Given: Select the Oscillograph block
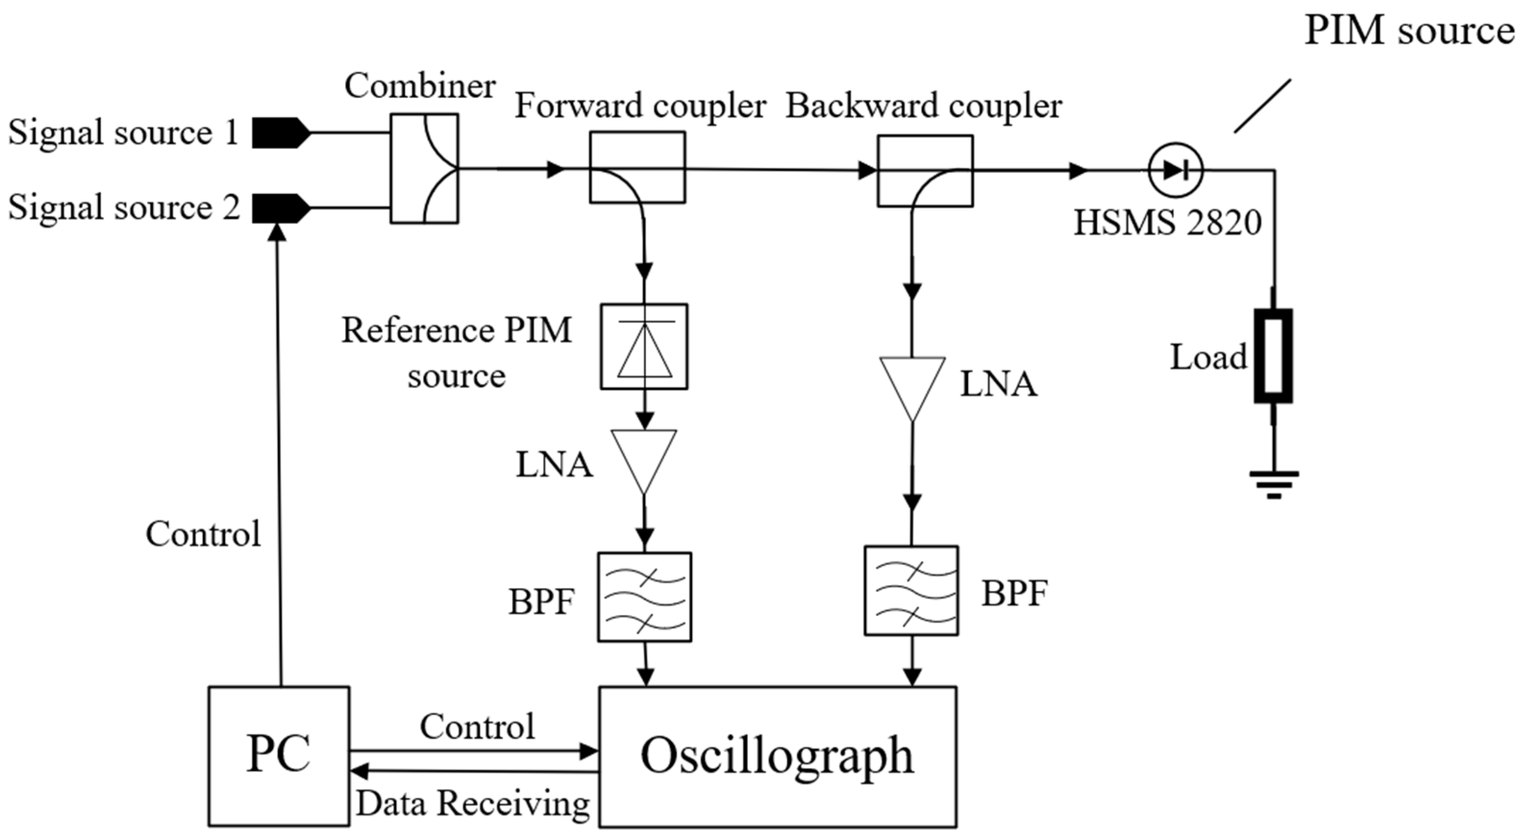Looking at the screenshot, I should (778, 756).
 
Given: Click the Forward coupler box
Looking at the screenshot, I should (637, 167).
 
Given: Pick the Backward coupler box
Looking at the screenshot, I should (925, 171).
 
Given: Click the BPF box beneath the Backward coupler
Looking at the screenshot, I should (911, 591).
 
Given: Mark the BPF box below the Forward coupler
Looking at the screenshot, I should (644, 597).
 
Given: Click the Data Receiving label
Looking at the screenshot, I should (473, 803).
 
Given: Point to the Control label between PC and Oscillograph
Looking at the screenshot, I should (477, 727).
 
